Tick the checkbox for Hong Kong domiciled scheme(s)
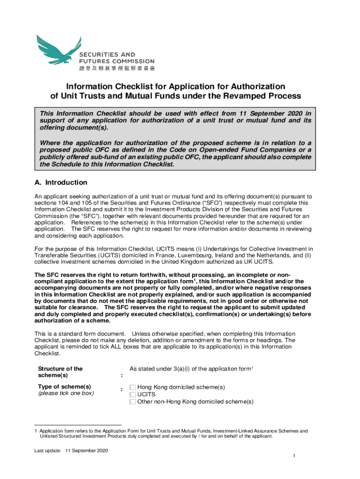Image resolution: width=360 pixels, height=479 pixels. [x=133, y=387]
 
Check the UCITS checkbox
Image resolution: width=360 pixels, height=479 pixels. [x=133, y=394]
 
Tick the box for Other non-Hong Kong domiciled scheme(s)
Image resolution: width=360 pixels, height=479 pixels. [x=133, y=401]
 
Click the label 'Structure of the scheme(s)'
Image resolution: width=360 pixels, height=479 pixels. [x=60, y=372]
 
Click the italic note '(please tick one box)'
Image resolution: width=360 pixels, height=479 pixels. [x=66, y=393]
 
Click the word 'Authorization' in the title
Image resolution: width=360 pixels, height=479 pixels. [x=252, y=87]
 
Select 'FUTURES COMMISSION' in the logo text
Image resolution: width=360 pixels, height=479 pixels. [x=116, y=61]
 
